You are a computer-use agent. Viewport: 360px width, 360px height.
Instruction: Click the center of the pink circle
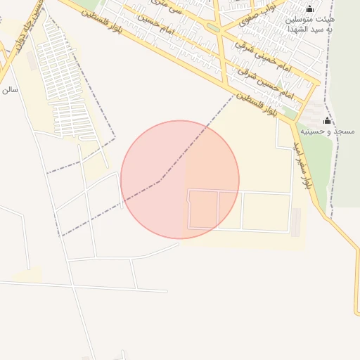tap(180, 179)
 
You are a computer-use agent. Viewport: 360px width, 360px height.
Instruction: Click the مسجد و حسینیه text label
tap(328, 131)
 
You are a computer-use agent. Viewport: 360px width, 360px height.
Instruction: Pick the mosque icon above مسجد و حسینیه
tap(327, 121)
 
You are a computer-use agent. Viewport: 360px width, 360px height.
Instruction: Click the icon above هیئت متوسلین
tap(310, 8)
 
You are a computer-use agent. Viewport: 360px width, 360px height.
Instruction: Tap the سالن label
tap(9, 90)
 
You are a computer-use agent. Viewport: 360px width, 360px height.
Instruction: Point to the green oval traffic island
tap(212, 28)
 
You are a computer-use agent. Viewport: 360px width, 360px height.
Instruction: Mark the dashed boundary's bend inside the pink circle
tap(160, 180)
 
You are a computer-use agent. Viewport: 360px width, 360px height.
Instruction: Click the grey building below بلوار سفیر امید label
tap(296, 221)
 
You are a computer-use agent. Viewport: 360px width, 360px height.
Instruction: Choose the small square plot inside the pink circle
tap(204, 210)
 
